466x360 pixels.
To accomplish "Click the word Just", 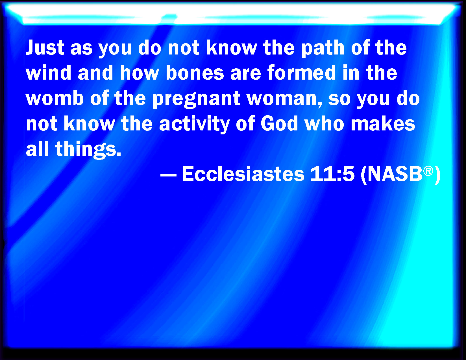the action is [45, 47].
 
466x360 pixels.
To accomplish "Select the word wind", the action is [48, 73].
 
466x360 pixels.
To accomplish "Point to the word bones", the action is [195, 73].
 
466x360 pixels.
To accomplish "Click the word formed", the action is [302, 72].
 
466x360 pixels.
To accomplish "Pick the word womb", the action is [55, 98].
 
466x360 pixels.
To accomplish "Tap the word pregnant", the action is [197, 99].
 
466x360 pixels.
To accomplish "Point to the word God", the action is [279, 123].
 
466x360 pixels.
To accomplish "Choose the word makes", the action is [383, 123].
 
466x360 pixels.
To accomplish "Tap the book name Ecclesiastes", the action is [243, 174].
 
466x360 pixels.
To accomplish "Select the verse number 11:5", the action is [332, 174].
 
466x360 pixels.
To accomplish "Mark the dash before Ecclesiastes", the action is [168, 175].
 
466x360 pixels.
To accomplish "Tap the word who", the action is [325, 123].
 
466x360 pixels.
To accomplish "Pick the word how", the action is [140, 73].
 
